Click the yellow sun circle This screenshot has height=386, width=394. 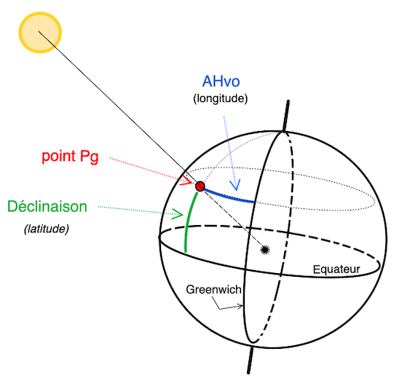(40, 33)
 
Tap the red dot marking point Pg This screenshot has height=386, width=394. (200, 186)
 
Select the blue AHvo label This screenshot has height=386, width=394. (221, 81)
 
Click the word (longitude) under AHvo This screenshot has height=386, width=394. (221, 98)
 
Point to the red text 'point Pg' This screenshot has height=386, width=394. (70, 157)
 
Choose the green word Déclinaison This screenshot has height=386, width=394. (47, 206)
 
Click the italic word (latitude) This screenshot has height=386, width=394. (47, 229)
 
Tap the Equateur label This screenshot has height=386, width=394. (336, 269)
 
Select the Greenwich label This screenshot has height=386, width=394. (213, 290)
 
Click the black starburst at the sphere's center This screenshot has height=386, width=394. (265, 250)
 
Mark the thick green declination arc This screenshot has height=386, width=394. (188, 221)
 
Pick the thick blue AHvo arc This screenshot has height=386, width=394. (229, 197)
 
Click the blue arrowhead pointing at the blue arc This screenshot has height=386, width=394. (235, 185)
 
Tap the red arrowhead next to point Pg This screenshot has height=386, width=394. (186, 180)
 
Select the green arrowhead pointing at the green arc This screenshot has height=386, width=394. (178, 214)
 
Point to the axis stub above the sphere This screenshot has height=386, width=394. (286, 116)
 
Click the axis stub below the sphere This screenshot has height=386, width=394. (250, 360)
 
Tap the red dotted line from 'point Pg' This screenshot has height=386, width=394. (151, 170)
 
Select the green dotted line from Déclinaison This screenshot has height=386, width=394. (140, 210)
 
